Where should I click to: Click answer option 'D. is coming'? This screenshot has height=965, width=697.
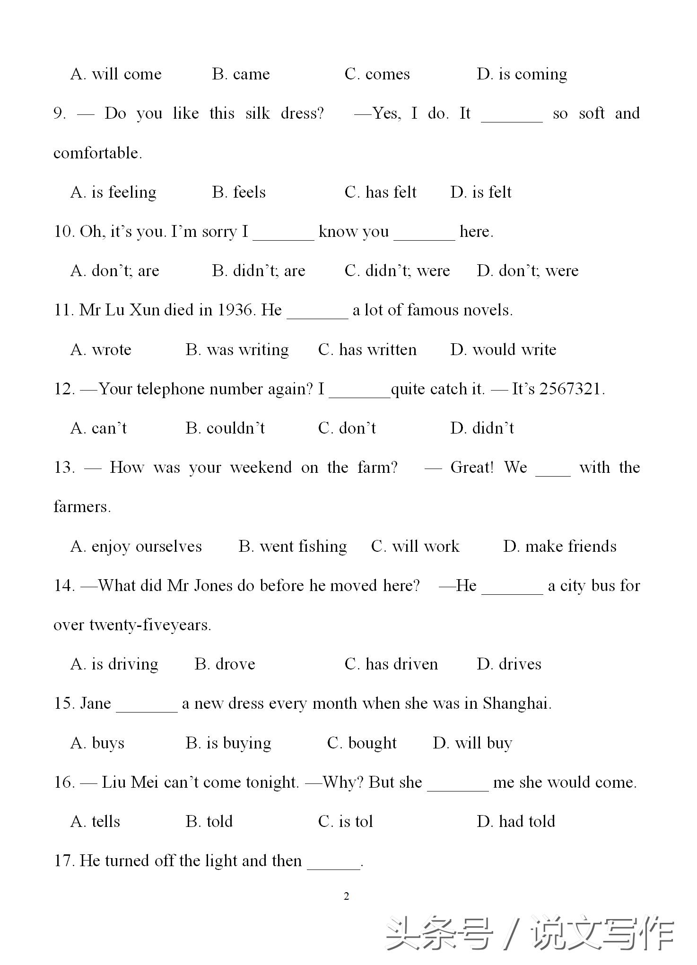tap(522, 74)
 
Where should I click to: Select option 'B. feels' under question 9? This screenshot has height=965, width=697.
tap(239, 192)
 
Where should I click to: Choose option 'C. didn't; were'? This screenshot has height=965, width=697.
tap(397, 271)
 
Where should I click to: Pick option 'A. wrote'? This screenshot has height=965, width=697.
tap(101, 350)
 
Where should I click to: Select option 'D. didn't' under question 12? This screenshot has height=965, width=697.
tap(482, 428)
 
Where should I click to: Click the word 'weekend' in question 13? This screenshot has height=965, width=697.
tap(261, 468)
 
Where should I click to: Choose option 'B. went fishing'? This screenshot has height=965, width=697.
tap(293, 547)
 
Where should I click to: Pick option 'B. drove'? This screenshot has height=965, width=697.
tap(225, 664)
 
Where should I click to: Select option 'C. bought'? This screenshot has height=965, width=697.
tap(362, 743)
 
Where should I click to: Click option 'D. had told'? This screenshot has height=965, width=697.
tap(516, 822)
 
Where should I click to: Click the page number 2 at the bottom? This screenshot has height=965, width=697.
tap(347, 896)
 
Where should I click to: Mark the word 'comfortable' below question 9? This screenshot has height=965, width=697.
tap(97, 153)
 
